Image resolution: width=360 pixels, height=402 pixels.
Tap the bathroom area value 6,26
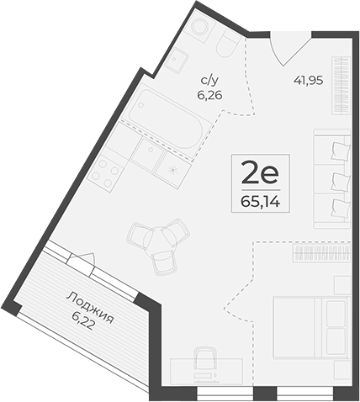point(209,95)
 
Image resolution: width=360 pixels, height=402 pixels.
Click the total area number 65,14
point(259,202)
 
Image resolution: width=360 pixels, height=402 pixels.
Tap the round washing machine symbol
point(199,29)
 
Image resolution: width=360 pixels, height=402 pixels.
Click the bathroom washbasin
point(177,59)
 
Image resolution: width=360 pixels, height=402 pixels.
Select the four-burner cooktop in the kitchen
point(105,172)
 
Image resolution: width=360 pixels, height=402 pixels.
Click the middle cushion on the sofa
point(338,180)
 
